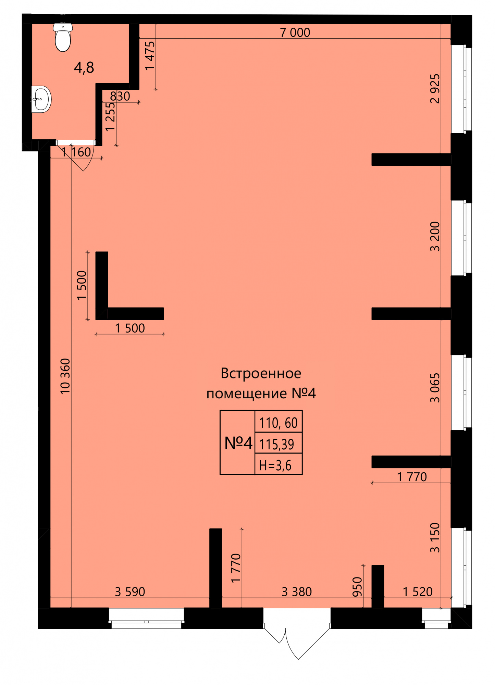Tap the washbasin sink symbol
tap(41, 99)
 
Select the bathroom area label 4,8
tap(84, 67)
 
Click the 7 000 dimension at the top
tap(295, 33)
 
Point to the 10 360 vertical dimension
tap(65, 376)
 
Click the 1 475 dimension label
tap(150, 56)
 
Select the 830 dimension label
tap(120, 96)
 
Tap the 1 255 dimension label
tap(110, 117)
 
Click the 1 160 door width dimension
tap(76, 152)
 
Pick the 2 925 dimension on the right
tap(435, 88)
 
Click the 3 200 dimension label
tap(435, 236)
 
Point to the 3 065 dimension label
tap(435, 388)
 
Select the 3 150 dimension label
tap(435, 537)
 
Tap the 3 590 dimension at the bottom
tap(130, 591)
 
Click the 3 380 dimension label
tap(297, 591)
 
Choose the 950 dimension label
tap(357, 587)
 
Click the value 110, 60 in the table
tap(278, 423)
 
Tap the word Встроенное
tap(261, 373)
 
